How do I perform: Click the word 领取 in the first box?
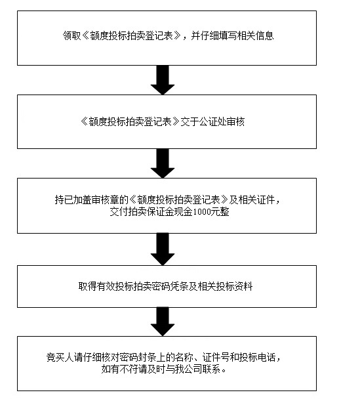(x=71, y=36)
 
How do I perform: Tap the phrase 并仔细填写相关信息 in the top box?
(x=232, y=36)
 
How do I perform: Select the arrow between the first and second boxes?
(x=163, y=80)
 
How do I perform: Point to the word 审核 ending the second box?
(x=235, y=121)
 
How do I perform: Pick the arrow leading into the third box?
(x=163, y=163)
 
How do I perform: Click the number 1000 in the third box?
(x=203, y=212)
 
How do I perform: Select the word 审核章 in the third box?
(x=105, y=200)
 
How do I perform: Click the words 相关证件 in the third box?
(x=256, y=200)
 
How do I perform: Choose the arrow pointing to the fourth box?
(x=163, y=249)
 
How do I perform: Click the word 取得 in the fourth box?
(x=87, y=286)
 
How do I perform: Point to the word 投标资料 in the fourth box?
(x=234, y=286)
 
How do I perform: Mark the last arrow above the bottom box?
(x=163, y=322)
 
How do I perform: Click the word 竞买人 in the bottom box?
(x=60, y=357)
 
